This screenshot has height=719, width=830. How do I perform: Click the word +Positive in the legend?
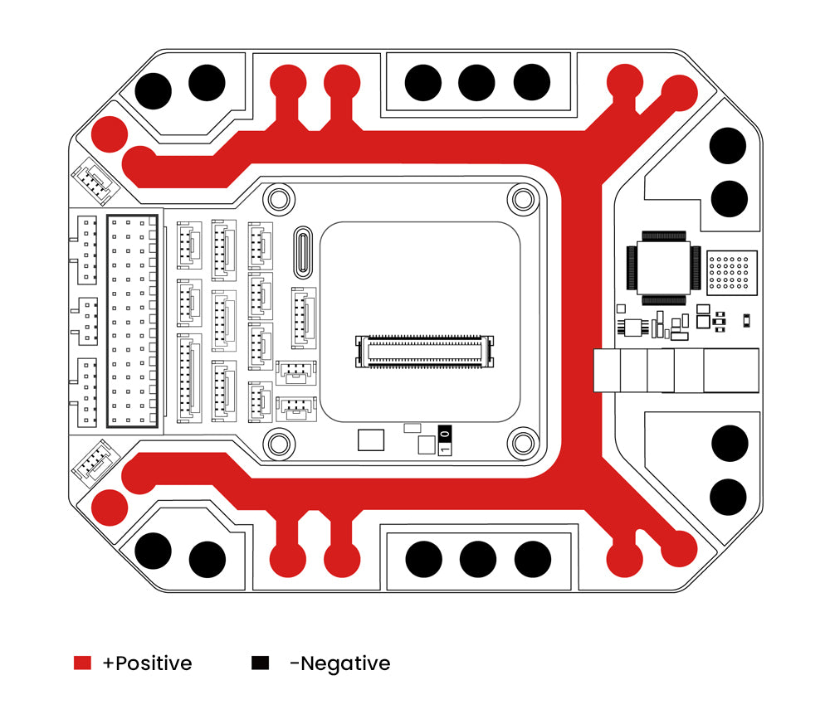[x=147, y=663]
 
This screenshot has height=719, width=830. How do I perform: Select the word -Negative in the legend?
[x=339, y=663]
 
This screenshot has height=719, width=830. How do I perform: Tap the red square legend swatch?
[x=82, y=663]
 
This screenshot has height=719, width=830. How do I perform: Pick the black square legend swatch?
[x=261, y=663]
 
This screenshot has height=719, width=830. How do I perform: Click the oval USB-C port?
[x=304, y=253]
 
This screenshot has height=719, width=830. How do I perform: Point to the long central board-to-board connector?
[x=425, y=352]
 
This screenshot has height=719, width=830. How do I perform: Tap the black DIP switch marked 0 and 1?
[x=445, y=441]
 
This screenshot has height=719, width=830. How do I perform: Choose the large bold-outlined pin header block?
[x=132, y=321]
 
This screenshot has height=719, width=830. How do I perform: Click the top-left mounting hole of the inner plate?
[x=280, y=199]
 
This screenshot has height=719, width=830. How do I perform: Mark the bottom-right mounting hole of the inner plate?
[x=523, y=443]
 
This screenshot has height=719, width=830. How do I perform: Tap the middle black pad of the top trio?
[x=476, y=82]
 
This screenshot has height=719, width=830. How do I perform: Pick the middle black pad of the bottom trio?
[x=477, y=559]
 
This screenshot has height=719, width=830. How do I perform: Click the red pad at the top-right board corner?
[x=679, y=91]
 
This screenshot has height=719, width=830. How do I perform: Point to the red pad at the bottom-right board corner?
[x=679, y=547]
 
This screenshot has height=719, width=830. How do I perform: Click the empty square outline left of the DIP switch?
[x=371, y=440]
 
